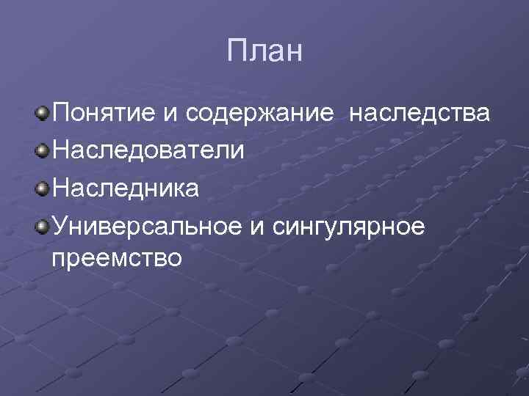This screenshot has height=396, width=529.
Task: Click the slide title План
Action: (x=264, y=53)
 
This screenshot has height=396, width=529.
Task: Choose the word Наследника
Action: (x=125, y=188)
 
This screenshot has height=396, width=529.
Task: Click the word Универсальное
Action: (x=144, y=227)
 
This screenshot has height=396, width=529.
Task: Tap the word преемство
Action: (x=116, y=259)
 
